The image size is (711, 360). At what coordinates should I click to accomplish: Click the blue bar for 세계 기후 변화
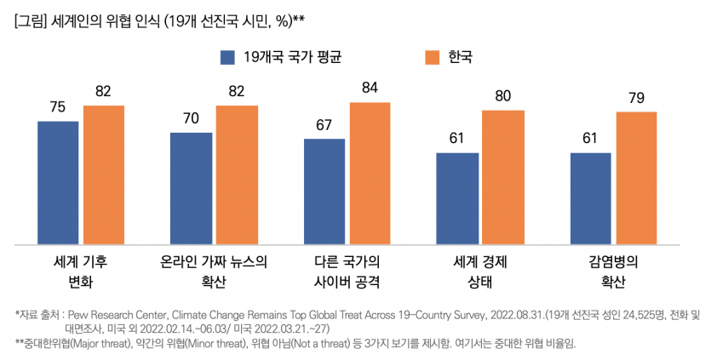tap(58, 182)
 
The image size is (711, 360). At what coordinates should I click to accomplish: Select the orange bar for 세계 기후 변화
tap(104, 174)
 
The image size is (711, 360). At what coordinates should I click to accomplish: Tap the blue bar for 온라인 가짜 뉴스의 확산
tap(192, 187)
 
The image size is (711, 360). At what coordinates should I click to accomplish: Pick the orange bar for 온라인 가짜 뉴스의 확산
tap(237, 174)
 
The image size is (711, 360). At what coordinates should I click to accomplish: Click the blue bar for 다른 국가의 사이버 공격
tap(324, 191)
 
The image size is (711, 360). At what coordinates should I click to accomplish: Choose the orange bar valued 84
tap(370, 173)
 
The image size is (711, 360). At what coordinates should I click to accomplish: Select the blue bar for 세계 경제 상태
tap(457, 197)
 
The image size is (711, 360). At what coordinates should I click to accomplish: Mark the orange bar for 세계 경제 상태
tap(503, 177)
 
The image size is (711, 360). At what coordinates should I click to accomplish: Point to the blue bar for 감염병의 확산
tap(590, 197)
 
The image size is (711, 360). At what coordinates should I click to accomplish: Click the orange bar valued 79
tap(636, 178)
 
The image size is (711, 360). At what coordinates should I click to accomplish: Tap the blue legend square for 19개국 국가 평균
tap(227, 57)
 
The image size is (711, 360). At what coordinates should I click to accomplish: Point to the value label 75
tap(58, 107)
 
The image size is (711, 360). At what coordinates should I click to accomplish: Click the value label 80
tap(503, 96)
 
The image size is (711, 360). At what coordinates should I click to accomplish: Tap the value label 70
tap(192, 117)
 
